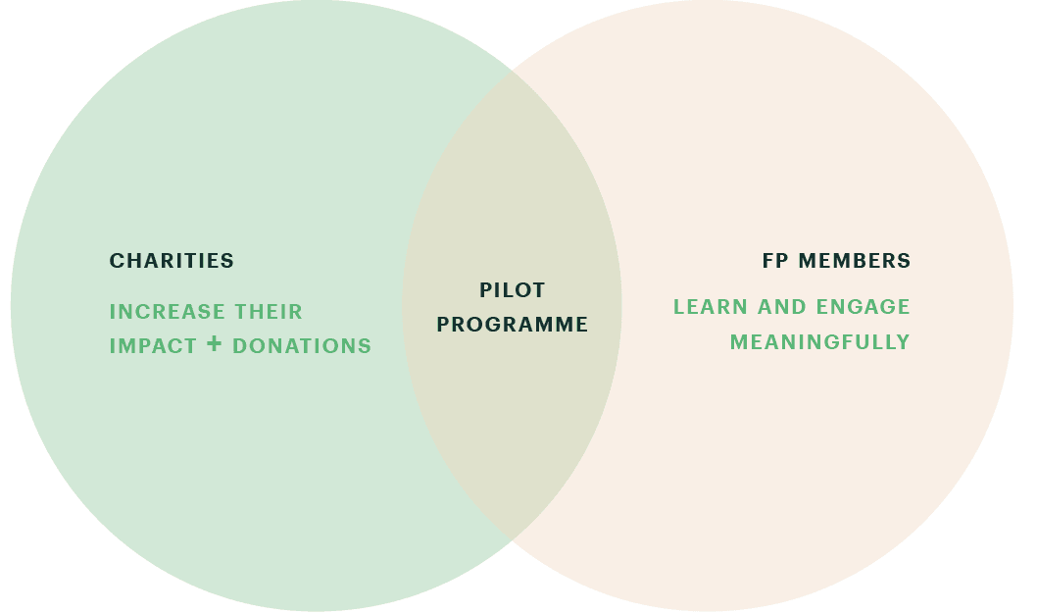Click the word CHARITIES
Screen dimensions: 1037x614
click(x=172, y=261)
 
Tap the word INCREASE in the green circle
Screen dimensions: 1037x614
click(x=167, y=312)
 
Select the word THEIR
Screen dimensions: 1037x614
click(x=269, y=312)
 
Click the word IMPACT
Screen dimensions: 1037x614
click(x=153, y=346)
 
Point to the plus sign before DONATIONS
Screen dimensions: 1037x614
click(x=214, y=343)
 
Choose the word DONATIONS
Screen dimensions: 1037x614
click(x=302, y=346)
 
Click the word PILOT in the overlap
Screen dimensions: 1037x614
click(x=513, y=289)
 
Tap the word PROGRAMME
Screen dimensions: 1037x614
click(x=513, y=325)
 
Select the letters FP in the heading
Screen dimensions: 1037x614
click(x=775, y=261)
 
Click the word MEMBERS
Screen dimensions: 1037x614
click(x=855, y=261)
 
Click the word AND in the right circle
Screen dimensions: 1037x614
click(x=782, y=307)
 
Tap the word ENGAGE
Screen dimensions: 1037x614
click(x=864, y=307)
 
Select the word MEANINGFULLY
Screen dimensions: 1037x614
click(x=820, y=342)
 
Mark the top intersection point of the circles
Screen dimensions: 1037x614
click(x=512, y=71)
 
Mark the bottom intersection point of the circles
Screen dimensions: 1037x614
click(x=512, y=539)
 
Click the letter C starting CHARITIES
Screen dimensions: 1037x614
click(x=117, y=261)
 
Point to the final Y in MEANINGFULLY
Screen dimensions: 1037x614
click(x=904, y=342)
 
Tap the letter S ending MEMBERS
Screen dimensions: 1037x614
click(x=905, y=261)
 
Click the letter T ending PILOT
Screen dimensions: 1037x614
click(x=538, y=289)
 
